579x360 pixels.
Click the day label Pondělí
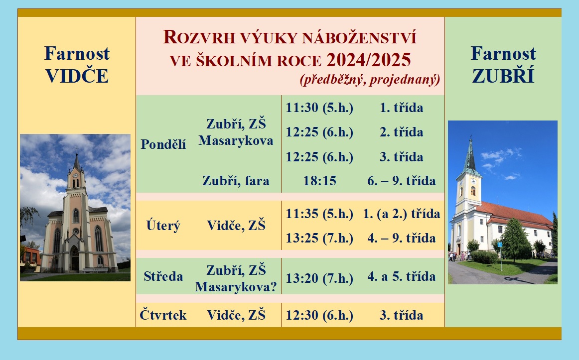[163, 144]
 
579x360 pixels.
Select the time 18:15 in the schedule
[320, 181]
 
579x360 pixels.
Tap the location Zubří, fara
[236, 181]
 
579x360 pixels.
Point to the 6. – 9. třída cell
[402, 181]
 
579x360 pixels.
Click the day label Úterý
[163, 225]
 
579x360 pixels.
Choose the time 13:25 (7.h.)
[319, 239]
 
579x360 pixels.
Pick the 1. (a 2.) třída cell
[402, 214]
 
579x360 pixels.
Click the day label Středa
[163, 276]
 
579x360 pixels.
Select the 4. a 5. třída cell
[402, 276]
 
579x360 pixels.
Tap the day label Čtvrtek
[163, 315]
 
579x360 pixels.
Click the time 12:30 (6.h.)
[319, 315]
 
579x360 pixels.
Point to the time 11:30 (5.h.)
[319, 108]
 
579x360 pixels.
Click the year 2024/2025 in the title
[369, 60]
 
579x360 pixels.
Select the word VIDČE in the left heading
[77, 76]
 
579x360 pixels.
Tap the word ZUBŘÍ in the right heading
[503, 76]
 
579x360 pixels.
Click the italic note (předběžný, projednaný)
[370, 79]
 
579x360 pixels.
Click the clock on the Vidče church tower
[76, 176]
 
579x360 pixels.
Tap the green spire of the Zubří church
[470, 156]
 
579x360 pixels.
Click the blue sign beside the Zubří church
[500, 244]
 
